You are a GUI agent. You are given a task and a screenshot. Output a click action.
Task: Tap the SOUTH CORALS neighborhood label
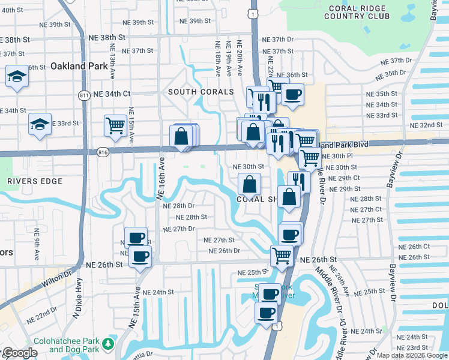pyautogui.click(x=200, y=92)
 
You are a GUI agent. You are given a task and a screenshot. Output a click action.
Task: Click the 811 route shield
pyautogui.click(x=84, y=95)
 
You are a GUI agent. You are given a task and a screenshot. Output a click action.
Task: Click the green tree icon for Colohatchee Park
pyautogui.click(x=107, y=344)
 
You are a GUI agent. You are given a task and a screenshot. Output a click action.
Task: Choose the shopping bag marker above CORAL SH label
pyautogui.click(x=249, y=184)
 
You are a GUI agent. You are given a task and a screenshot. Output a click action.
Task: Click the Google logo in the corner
pyautogui.click(x=20, y=353)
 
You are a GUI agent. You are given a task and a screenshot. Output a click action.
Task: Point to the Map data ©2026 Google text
pyautogui.click(x=412, y=355)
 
